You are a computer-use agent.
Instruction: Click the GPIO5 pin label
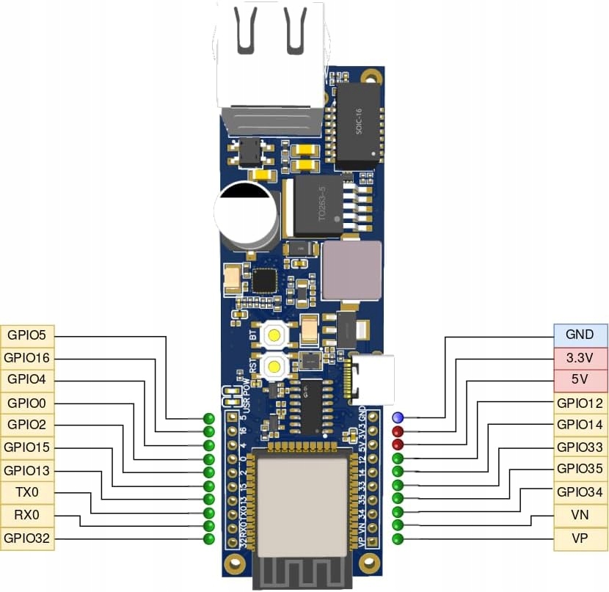[x=27, y=336]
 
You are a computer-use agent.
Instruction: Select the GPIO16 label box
[x=27, y=359]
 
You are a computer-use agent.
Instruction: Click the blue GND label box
[x=580, y=335]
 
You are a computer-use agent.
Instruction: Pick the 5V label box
[x=580, y=380]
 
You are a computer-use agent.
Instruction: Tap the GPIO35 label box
[x=580, y=469]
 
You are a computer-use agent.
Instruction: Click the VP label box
[x=580, y=538]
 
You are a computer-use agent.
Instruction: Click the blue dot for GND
[x=398, y=417]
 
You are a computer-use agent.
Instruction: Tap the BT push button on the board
[x=274, y=336]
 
